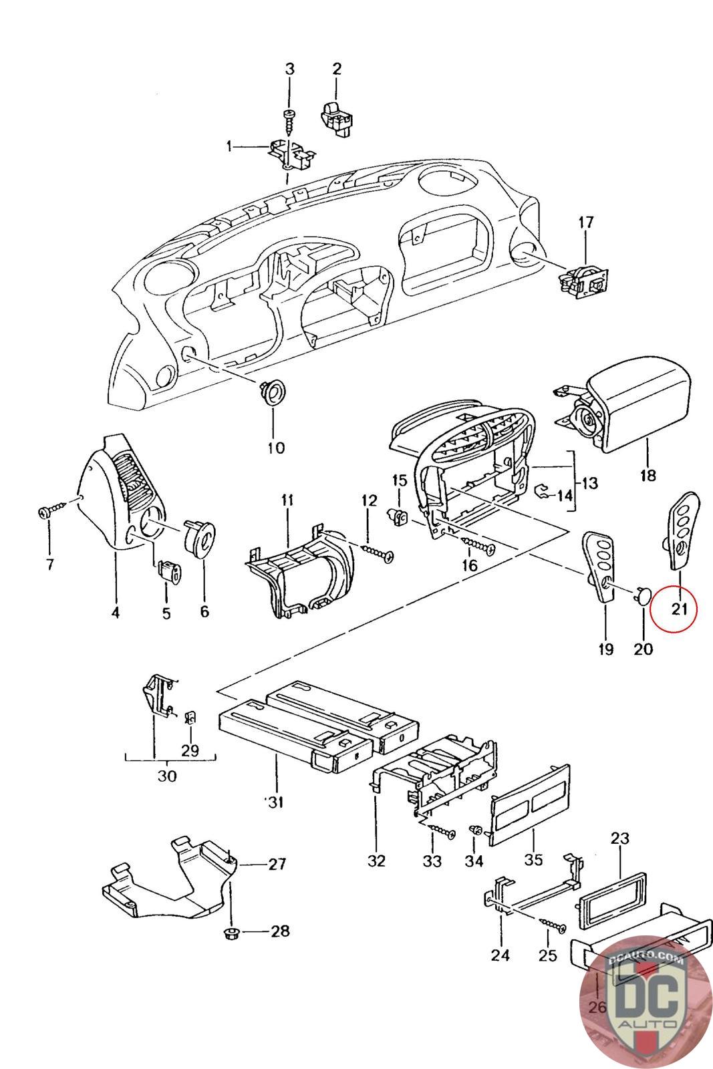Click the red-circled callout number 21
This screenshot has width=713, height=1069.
(680, 608)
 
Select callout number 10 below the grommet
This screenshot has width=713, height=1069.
(276, 447)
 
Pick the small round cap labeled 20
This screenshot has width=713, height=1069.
(642, 594)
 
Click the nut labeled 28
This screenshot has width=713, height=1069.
(231, 931)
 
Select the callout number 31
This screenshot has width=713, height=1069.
(275, 800)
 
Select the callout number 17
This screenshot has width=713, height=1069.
(585, 222)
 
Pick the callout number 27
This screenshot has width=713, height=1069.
(276, 864)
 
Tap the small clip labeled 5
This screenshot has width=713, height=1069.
(168, 573)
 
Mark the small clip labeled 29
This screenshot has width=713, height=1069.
(190, 718)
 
